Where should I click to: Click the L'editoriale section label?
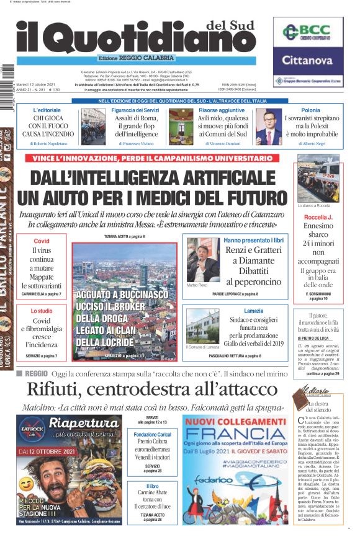(x=47, y=110)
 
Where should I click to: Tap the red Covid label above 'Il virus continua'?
(x=41, y=241)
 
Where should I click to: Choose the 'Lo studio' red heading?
(x=41, y=310)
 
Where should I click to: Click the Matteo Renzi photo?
(x=202, y=259)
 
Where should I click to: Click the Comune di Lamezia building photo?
(x=202, y=327)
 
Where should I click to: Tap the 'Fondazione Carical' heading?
(x=152, y=435)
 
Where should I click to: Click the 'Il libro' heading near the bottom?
(x=152, y=487)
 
